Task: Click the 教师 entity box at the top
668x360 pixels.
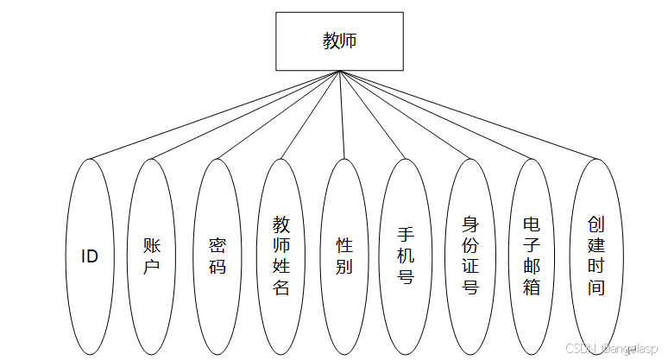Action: (339, 41)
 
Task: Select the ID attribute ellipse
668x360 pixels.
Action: (90, 256)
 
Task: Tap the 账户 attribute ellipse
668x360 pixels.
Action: (153, 256)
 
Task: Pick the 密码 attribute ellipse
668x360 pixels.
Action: (217, 256)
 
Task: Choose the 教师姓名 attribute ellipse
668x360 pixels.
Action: (281, 256)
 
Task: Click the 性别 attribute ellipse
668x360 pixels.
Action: (344, 256)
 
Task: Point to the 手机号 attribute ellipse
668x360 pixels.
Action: (406, 256)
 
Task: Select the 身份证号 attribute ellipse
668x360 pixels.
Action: (470, 256)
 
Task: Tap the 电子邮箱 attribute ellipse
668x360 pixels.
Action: (533, 256)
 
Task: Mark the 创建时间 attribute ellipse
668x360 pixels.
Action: (596, 256)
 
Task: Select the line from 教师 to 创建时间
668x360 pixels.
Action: (468, 116)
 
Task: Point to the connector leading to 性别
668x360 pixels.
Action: (342, 116)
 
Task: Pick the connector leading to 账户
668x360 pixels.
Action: (246, 116)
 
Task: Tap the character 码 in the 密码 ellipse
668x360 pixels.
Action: (217, 267)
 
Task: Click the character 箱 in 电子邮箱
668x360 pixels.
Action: (533, 287)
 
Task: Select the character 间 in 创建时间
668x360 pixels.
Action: (596, 287)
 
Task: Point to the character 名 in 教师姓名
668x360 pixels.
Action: (281, 287)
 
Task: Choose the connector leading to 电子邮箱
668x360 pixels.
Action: (436, 116)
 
